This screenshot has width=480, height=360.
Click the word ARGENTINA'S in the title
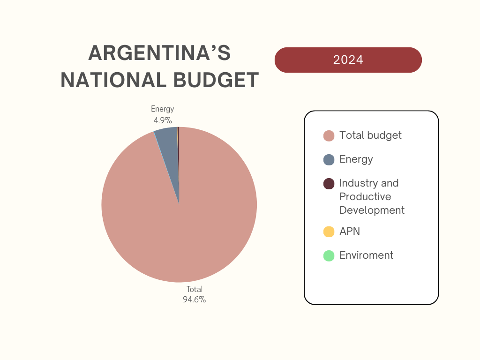(x=159, y=52)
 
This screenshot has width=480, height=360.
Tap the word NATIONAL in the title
(x=114, y=80)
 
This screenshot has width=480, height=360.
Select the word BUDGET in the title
(x=216, y=80)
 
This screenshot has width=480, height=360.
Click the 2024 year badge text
(x=348, y=60)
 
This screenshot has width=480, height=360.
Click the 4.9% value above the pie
(x=163, y=120)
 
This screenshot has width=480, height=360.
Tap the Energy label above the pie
(x=162, y=109)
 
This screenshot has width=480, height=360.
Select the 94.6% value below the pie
(x=195, y=300)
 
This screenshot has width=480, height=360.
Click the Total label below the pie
(x=195, y=289)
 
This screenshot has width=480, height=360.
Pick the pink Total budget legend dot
(x=329, y=135)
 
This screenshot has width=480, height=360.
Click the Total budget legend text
(x=370, y=135)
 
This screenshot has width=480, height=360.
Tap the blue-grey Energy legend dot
(x=329, y=160)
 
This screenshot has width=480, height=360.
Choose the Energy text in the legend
(x=356, y=159)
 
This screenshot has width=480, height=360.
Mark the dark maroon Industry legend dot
(x=329, y=184)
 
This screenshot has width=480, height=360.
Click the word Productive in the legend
(x=365, y=196)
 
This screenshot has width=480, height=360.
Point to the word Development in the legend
(x=372, y=210)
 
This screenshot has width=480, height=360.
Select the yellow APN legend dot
(x=329, y=232)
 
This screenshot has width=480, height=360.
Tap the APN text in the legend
(x=350, y=232)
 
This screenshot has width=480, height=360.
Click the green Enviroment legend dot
(x=329, y=255)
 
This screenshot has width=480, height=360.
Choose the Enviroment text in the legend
(x=367, y=255)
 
